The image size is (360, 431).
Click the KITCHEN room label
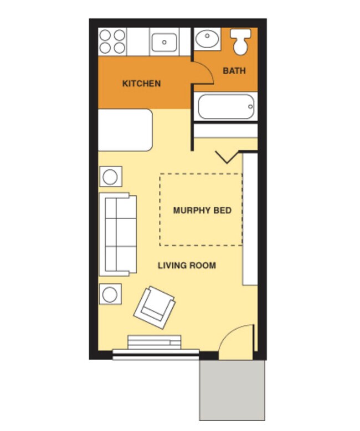pyautogui.click(x=141, y=84)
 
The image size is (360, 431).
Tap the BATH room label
pyautogui.click(x=234, y=71)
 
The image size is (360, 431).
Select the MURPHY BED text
pyautogui.click(x=202, y=211)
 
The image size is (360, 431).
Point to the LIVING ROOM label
pyautogui.click(x=187, y=266)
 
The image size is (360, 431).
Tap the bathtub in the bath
pyautogui.click(x=226, y=106)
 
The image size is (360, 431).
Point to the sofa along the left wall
pyautogui.click(x=117, y=234)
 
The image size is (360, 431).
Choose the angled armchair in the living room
pyautogui.click(x=154, y=308)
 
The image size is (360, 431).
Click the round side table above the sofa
pyautogui.click(x=111, y=177)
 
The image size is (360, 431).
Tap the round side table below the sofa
pyautogui.click(x=111, y=294)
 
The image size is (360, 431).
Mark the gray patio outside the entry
pyautogui.click(x=232, y=390)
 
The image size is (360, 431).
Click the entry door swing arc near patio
pyautogui.click(x=237, y=339)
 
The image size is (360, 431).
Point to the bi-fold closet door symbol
pyautogui.click(x=228, y=157)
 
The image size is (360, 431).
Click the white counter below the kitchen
pyautogui.click(x=125, y=130)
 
